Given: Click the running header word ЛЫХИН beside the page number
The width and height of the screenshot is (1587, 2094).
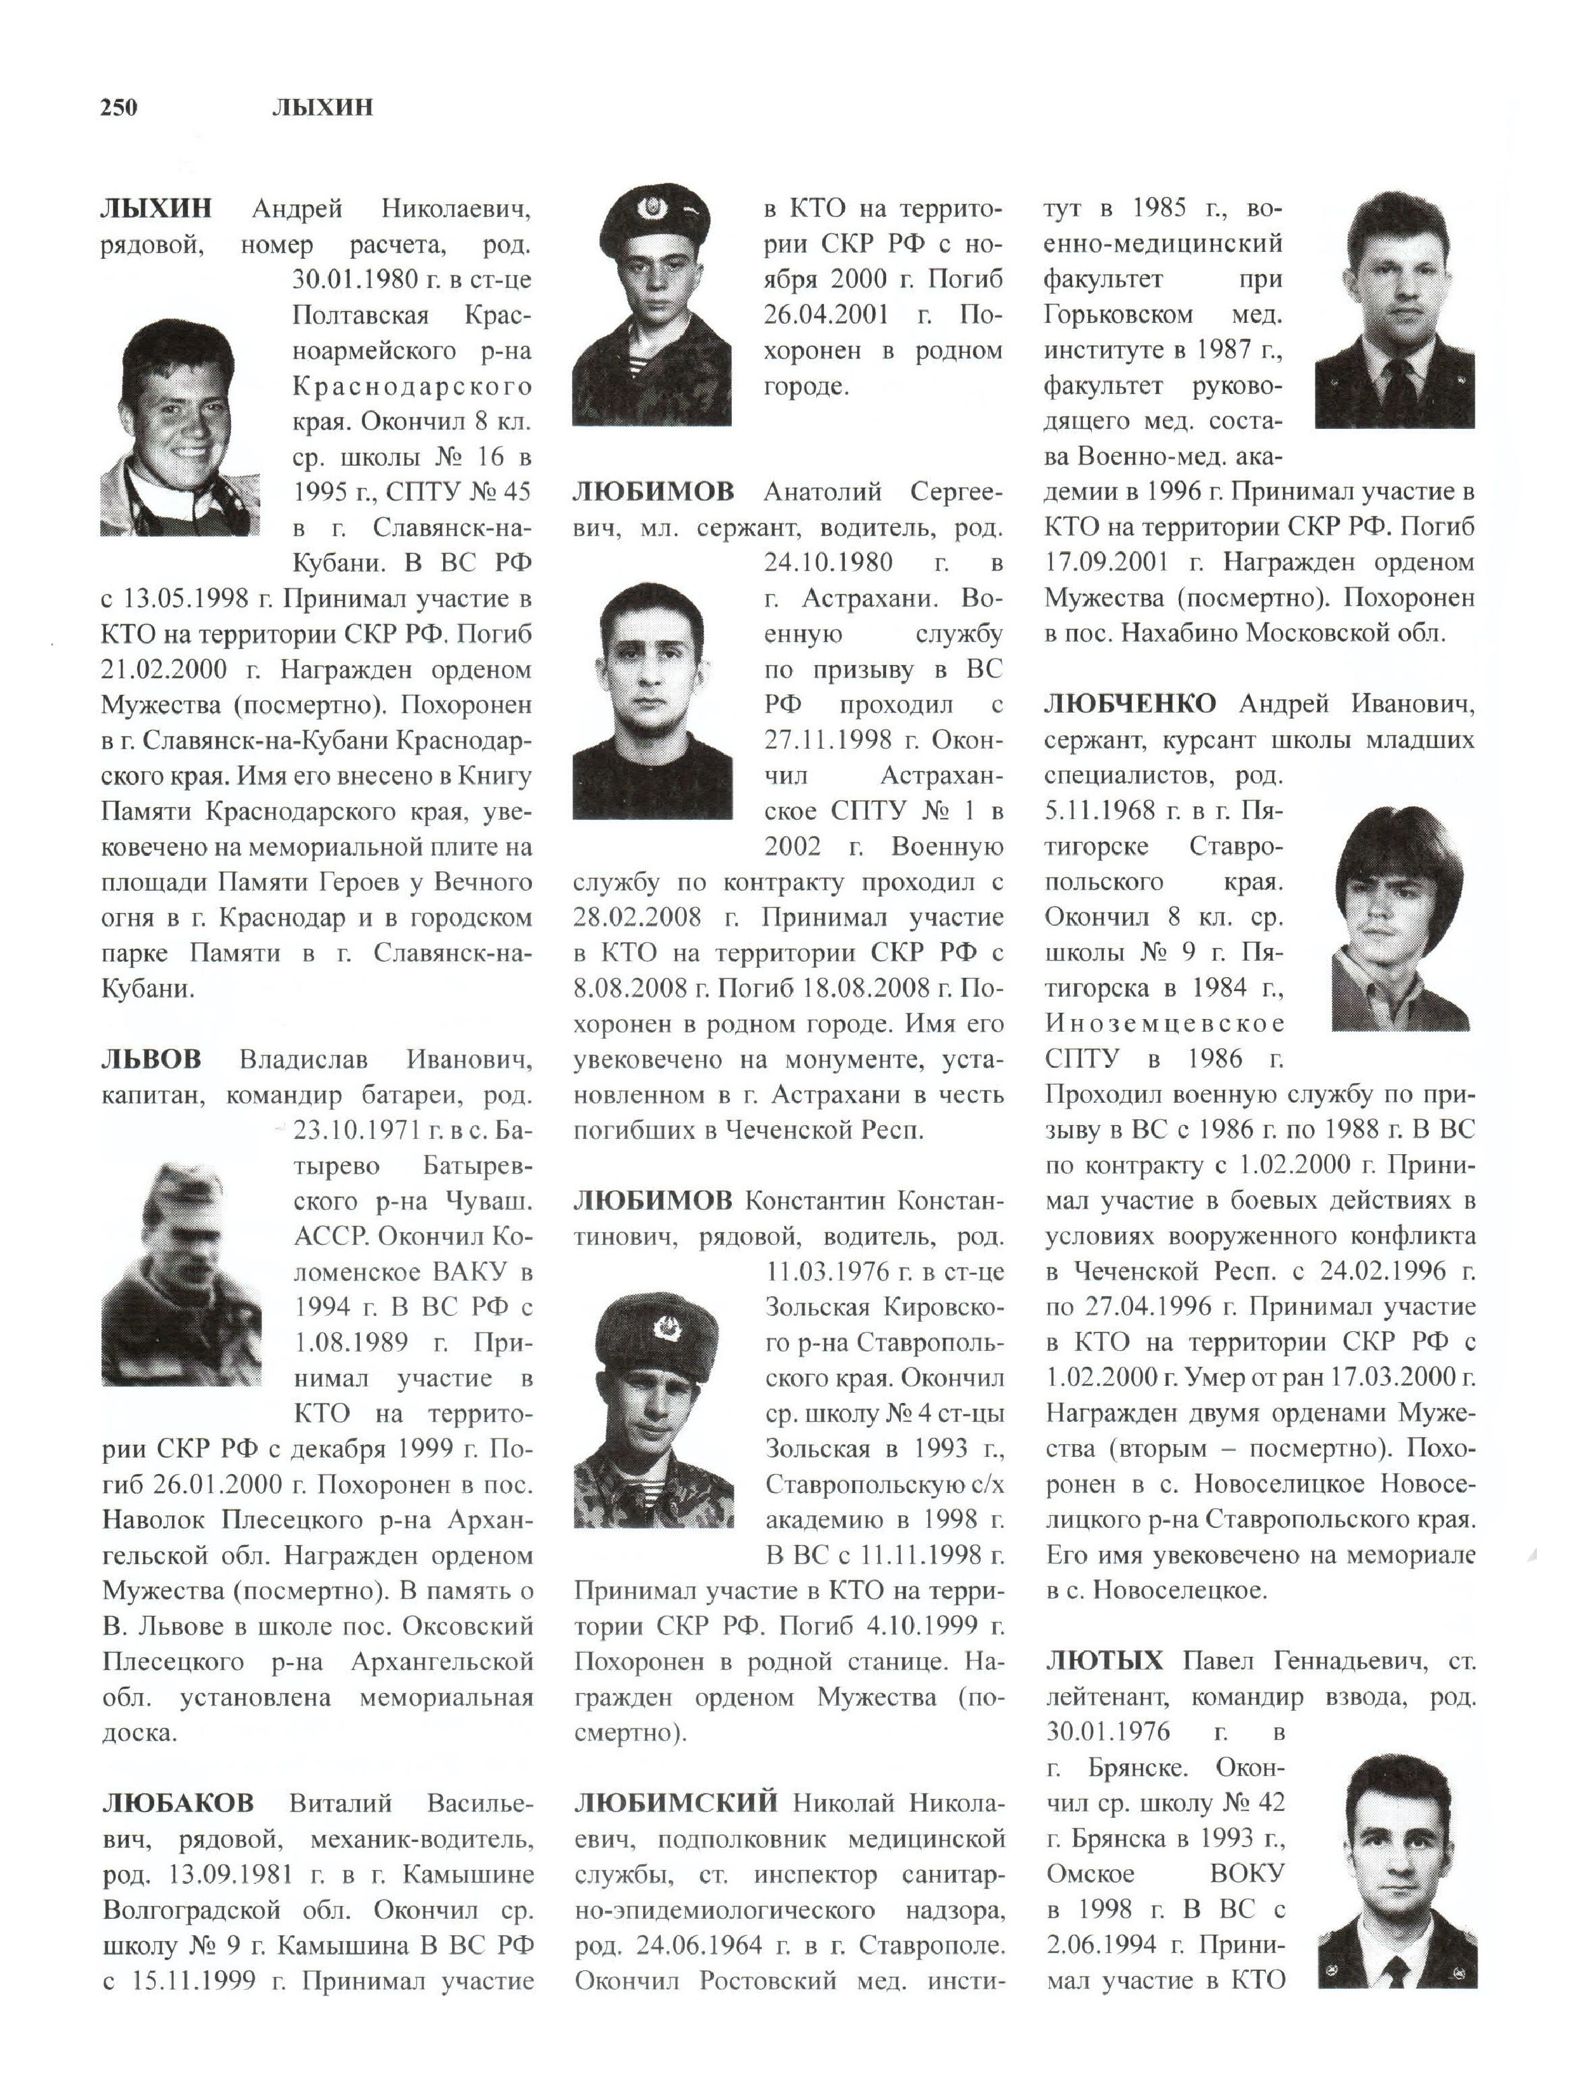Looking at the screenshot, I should pos(322,108).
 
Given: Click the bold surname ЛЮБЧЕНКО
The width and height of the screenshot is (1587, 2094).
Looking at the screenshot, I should pos(1131,704).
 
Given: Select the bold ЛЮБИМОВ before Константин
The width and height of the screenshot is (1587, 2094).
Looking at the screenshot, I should pos(653,1201).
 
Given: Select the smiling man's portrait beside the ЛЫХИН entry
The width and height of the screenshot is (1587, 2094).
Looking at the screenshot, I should pos(180,428).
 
